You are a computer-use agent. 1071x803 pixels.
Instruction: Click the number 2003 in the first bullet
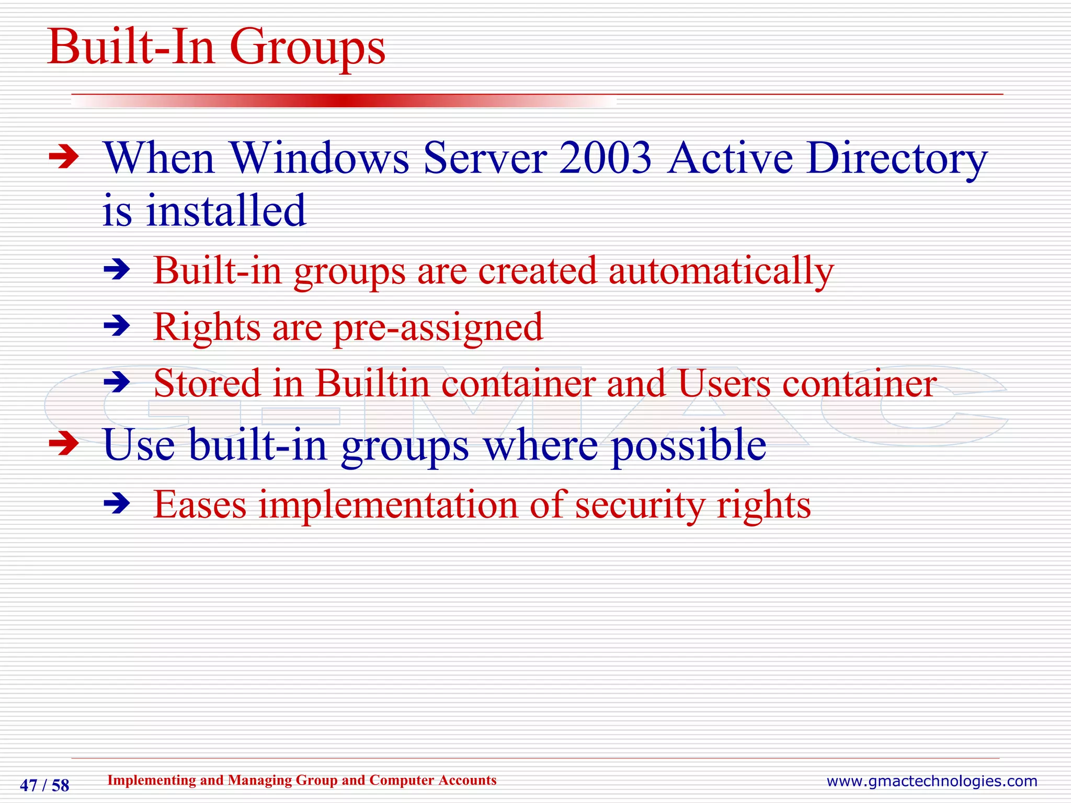click(605, 158)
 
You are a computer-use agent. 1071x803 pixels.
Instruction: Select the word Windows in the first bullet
click(319, 158)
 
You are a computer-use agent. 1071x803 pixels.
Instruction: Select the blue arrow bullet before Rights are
click(117, 327)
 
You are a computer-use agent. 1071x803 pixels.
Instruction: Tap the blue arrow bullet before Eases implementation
click(117, 504)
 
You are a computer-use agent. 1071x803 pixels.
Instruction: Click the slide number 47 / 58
click(44, 785)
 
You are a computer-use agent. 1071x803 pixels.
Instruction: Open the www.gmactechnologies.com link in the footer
click(931, 781)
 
